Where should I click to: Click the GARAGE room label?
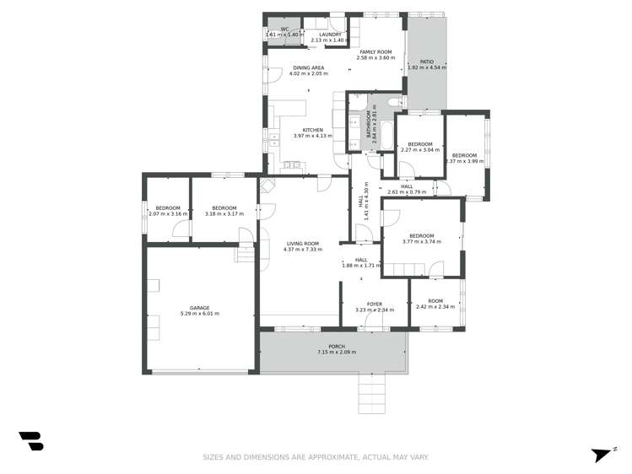199,308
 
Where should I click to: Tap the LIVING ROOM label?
303,243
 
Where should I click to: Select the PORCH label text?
336,346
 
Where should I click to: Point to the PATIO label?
427,62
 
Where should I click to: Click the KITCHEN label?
307,130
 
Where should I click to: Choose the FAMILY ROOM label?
375,51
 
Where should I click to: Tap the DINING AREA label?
308,67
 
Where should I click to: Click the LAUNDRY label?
329,35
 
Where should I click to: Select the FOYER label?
374,304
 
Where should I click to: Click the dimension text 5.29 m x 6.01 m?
199,314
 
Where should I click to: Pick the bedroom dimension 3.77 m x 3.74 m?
421,241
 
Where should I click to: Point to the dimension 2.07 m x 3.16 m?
166,214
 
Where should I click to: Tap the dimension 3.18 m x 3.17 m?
224,214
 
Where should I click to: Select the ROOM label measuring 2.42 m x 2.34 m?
435,301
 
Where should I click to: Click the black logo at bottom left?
31,440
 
